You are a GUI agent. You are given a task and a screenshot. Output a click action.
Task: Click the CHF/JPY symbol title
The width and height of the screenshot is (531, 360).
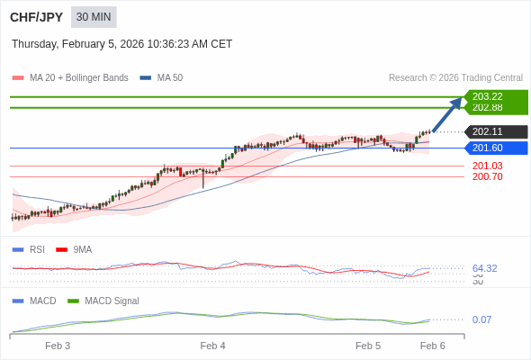coord(36,17)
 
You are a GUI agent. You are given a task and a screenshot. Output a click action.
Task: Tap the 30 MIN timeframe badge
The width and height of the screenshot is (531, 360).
coord(94,17)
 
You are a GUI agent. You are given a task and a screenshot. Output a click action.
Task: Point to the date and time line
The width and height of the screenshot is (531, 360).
coord(121,43)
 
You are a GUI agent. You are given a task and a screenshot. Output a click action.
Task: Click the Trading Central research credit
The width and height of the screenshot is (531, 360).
coord(455,78)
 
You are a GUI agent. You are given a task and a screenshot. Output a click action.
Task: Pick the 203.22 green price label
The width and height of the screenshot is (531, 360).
coord(487,96)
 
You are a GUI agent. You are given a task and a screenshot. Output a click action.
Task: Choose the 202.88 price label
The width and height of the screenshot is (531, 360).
coord(487,108)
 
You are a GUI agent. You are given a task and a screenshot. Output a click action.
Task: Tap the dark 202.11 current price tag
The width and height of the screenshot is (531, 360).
coord(487,131)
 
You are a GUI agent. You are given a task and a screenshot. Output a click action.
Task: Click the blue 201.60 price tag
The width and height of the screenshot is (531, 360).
coord(487,148)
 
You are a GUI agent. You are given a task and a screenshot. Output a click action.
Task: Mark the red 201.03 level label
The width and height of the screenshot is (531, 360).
coord(487,166)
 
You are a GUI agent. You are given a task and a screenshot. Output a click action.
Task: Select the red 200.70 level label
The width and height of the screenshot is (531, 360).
coord(487,176)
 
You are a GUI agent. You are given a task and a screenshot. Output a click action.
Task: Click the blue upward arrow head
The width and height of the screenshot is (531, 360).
coord(456,103)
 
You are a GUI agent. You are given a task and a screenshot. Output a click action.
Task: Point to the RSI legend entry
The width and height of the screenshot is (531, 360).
coord(36,249)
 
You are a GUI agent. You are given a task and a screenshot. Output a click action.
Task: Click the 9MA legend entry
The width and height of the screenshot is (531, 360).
coord(82,249)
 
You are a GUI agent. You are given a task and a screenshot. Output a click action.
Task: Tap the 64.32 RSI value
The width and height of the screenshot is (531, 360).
coord(484,268)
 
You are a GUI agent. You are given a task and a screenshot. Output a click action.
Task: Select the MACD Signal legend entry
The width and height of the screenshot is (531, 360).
coord(112,301)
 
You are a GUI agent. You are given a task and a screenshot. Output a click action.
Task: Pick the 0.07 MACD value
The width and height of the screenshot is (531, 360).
coord(481,319)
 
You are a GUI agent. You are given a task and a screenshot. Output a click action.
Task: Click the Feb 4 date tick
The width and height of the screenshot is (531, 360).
coord(213,346)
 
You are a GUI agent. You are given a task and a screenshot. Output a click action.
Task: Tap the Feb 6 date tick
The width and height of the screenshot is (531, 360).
coord(433,346)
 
